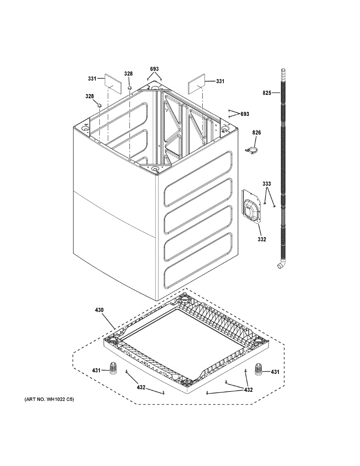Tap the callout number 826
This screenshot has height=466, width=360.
point(257,133)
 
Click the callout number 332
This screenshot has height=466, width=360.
point(262,239)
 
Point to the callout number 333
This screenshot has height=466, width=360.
point(267,184)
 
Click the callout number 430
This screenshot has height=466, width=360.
point(99,310)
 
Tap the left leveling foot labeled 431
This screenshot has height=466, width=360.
point(113,369)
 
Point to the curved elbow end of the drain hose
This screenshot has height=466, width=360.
point(281,265)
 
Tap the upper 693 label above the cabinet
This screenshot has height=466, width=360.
point(155,69)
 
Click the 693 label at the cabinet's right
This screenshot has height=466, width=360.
point(245,114)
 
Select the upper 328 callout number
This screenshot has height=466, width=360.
point(128,74)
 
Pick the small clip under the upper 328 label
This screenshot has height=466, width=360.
point(130,88)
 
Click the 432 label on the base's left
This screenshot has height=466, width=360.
point(141,387)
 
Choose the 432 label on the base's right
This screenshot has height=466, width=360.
point(248,389)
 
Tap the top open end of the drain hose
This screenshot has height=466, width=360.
point(283,71)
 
